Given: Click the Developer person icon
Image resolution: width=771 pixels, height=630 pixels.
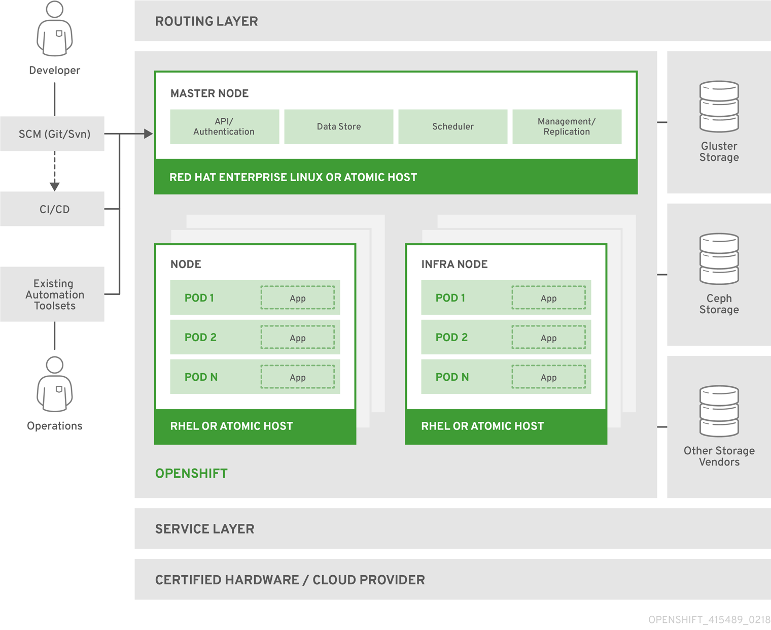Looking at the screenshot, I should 55,29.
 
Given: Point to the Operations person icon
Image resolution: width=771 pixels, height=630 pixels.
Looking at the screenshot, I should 55,385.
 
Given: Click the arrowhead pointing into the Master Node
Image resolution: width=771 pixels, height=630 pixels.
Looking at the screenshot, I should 148,134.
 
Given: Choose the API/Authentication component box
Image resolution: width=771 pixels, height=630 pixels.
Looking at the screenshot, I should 224,127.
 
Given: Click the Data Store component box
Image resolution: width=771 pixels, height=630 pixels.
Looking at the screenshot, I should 338,127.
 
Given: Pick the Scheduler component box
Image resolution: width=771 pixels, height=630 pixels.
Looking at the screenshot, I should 452,127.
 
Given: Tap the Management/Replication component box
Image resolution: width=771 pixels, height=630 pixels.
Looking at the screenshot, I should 567,127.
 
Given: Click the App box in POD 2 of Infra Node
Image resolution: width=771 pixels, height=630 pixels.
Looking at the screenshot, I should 548,338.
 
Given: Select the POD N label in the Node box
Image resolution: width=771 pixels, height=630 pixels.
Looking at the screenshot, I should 201,377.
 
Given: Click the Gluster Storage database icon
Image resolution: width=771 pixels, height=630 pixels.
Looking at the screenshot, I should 719,107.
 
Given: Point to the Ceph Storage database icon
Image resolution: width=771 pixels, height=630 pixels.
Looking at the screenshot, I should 719,259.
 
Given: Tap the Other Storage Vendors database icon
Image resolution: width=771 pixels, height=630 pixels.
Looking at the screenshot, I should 719,411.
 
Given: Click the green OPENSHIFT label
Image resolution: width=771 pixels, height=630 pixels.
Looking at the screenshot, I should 191,474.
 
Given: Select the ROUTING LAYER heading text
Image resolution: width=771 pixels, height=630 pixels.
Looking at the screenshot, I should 206,21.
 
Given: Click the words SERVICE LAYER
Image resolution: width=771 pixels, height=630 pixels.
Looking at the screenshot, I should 204,529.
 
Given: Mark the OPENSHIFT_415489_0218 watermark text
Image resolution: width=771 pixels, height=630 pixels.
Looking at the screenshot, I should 709,620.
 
